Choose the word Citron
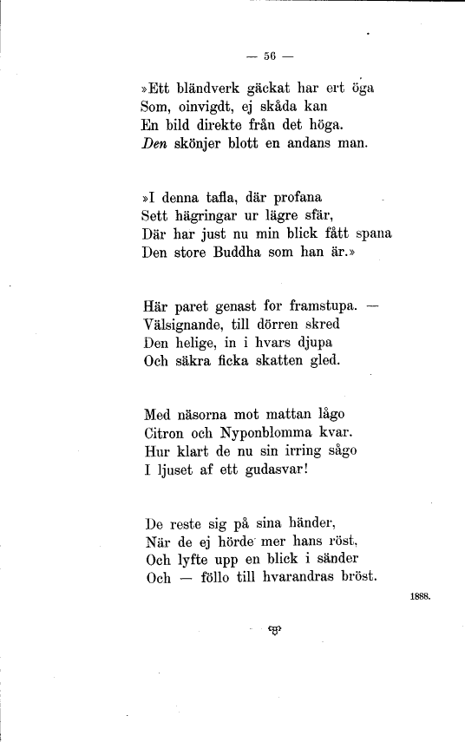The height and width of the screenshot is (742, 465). pos(164,433)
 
